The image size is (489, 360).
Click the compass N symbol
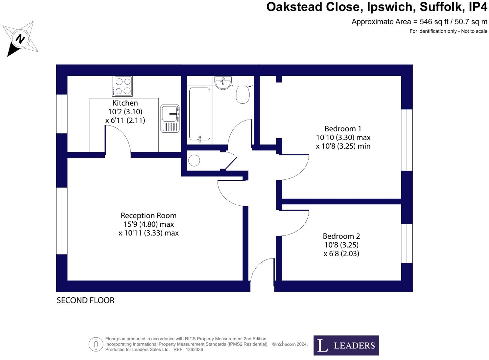20,39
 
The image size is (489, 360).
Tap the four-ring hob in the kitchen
123,86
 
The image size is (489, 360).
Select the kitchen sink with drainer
170,119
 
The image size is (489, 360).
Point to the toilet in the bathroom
243,94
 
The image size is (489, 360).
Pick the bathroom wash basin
223,82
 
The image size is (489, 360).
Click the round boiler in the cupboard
194,161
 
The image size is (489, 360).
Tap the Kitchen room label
125,103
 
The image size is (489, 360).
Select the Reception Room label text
148,215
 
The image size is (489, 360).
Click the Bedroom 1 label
340,129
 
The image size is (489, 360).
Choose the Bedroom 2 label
341,236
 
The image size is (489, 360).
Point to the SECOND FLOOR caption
85,300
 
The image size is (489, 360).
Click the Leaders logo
346,345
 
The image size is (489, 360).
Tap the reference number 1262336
194,349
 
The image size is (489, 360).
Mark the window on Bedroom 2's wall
407,243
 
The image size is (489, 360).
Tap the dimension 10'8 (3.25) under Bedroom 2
341,245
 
